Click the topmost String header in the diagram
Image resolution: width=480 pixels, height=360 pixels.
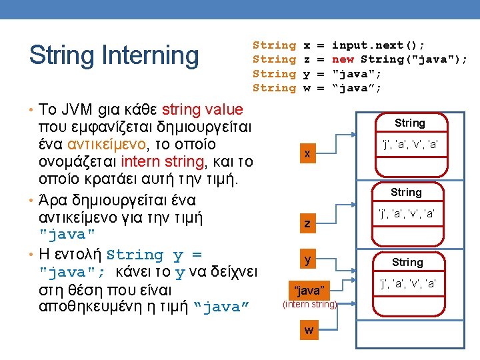[409, 123]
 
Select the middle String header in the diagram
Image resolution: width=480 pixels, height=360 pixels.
[406, 192]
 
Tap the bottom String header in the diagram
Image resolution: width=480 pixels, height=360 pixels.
[407, 262]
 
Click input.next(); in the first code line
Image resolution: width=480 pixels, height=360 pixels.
[378, 45]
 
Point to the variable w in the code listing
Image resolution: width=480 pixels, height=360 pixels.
[307, 87]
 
